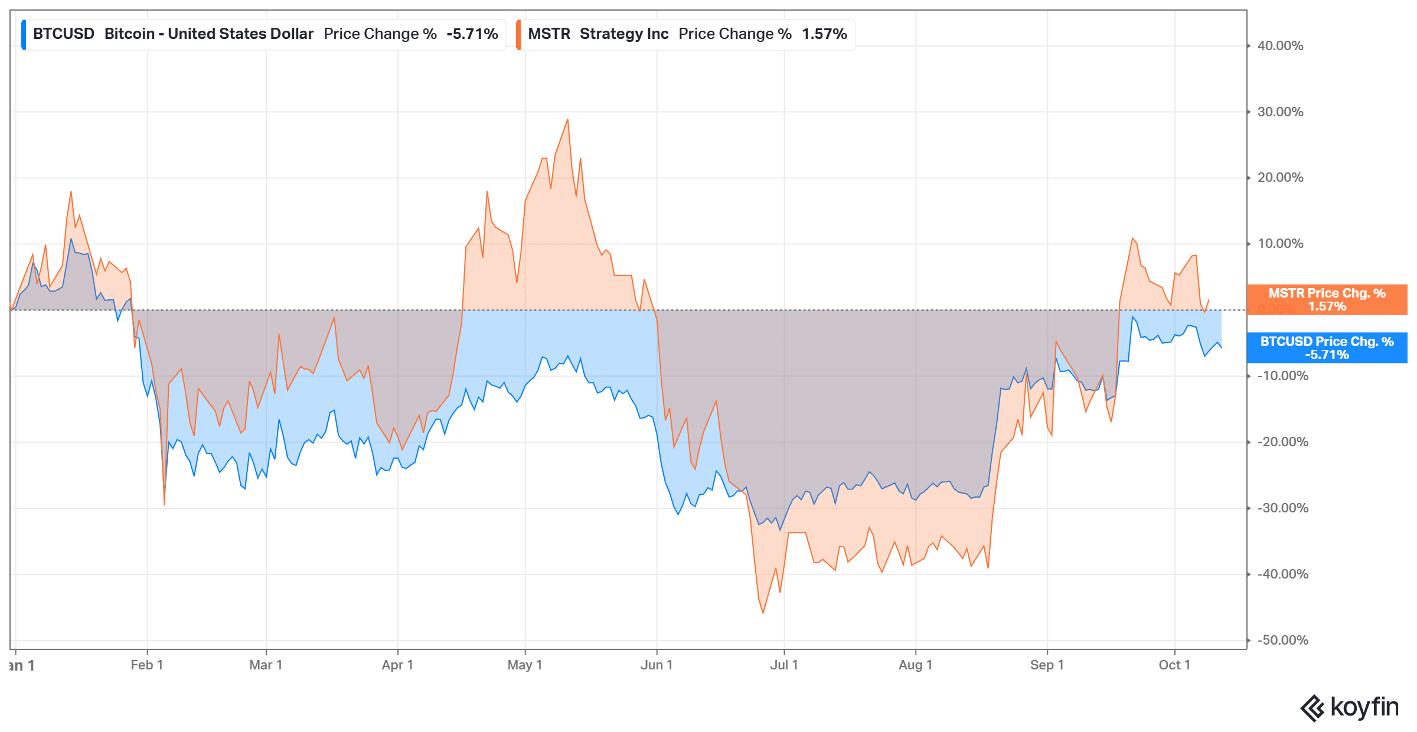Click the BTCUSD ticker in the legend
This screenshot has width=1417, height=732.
point(64,34)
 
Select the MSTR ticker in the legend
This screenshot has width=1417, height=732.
point(549,34)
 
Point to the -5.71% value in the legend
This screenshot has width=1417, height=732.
point(472,34)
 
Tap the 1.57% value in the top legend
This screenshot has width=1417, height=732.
point(824,34)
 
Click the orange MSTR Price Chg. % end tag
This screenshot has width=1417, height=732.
point(1327,299)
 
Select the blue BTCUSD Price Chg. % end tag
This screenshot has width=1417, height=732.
point(1327,348)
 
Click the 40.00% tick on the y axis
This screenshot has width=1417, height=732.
point(1280,46)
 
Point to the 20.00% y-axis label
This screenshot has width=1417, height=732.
point(1280,178)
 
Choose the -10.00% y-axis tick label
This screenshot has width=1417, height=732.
point(1282,376)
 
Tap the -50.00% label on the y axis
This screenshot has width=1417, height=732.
point(1282,640)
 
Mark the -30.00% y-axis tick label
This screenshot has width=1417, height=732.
point(1282,508)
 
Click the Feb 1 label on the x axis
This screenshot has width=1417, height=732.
point(147,665)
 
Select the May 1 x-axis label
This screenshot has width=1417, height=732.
point(525,665)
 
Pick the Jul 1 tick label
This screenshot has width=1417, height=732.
point(784,665)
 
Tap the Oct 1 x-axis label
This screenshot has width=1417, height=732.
point(1175,665)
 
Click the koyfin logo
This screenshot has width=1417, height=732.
point(1350,708)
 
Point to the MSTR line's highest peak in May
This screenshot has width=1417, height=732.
point(567,120)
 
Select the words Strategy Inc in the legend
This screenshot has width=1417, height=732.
point(624,34)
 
